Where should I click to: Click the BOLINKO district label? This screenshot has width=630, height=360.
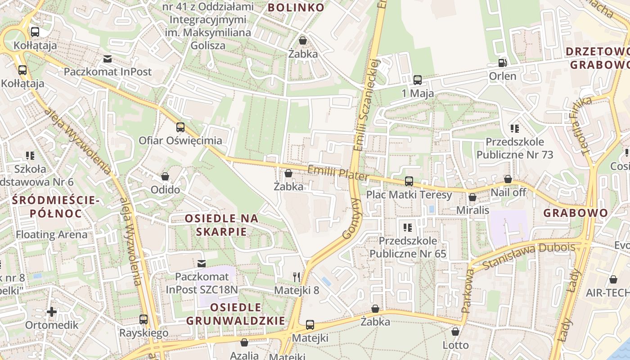296,7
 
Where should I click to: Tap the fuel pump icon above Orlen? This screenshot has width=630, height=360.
503,63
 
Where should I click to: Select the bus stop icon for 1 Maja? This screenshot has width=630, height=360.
418,80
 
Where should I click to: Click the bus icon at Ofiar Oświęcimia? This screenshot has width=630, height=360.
180,127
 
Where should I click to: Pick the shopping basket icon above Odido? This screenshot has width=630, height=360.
165,176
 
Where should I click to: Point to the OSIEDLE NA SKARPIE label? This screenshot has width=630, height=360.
222,225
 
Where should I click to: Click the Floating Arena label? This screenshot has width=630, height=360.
52,234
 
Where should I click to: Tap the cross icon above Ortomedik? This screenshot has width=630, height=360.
52,311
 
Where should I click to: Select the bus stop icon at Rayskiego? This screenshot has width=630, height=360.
144,319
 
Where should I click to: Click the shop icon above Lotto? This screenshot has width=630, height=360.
455,332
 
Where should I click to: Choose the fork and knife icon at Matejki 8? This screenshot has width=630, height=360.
296,277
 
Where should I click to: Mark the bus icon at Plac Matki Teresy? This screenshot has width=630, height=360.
409,181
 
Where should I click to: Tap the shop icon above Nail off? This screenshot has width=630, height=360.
508,179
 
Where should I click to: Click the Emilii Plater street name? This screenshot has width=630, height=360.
337,173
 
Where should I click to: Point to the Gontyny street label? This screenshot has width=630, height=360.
351,219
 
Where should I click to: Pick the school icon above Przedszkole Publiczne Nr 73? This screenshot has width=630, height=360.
515,129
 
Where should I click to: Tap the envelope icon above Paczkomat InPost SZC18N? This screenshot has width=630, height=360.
202,263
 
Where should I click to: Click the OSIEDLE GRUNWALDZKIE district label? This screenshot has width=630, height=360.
236,314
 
